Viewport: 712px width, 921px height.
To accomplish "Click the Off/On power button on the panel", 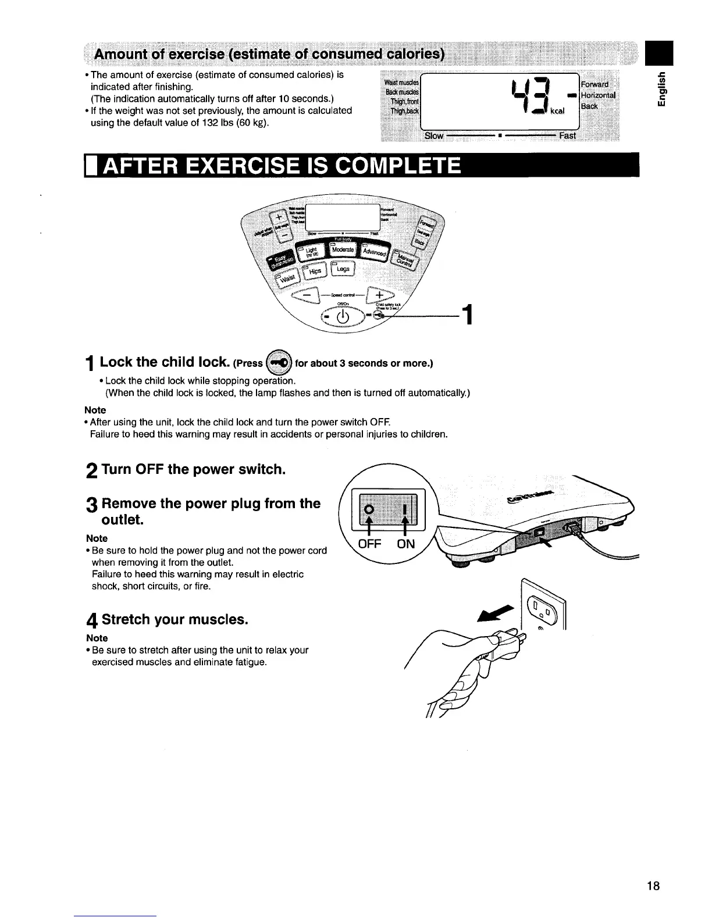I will point(342,317).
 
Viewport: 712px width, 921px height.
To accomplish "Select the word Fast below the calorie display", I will point(567,135).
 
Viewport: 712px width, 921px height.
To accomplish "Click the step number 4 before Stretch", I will point(91,621).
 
